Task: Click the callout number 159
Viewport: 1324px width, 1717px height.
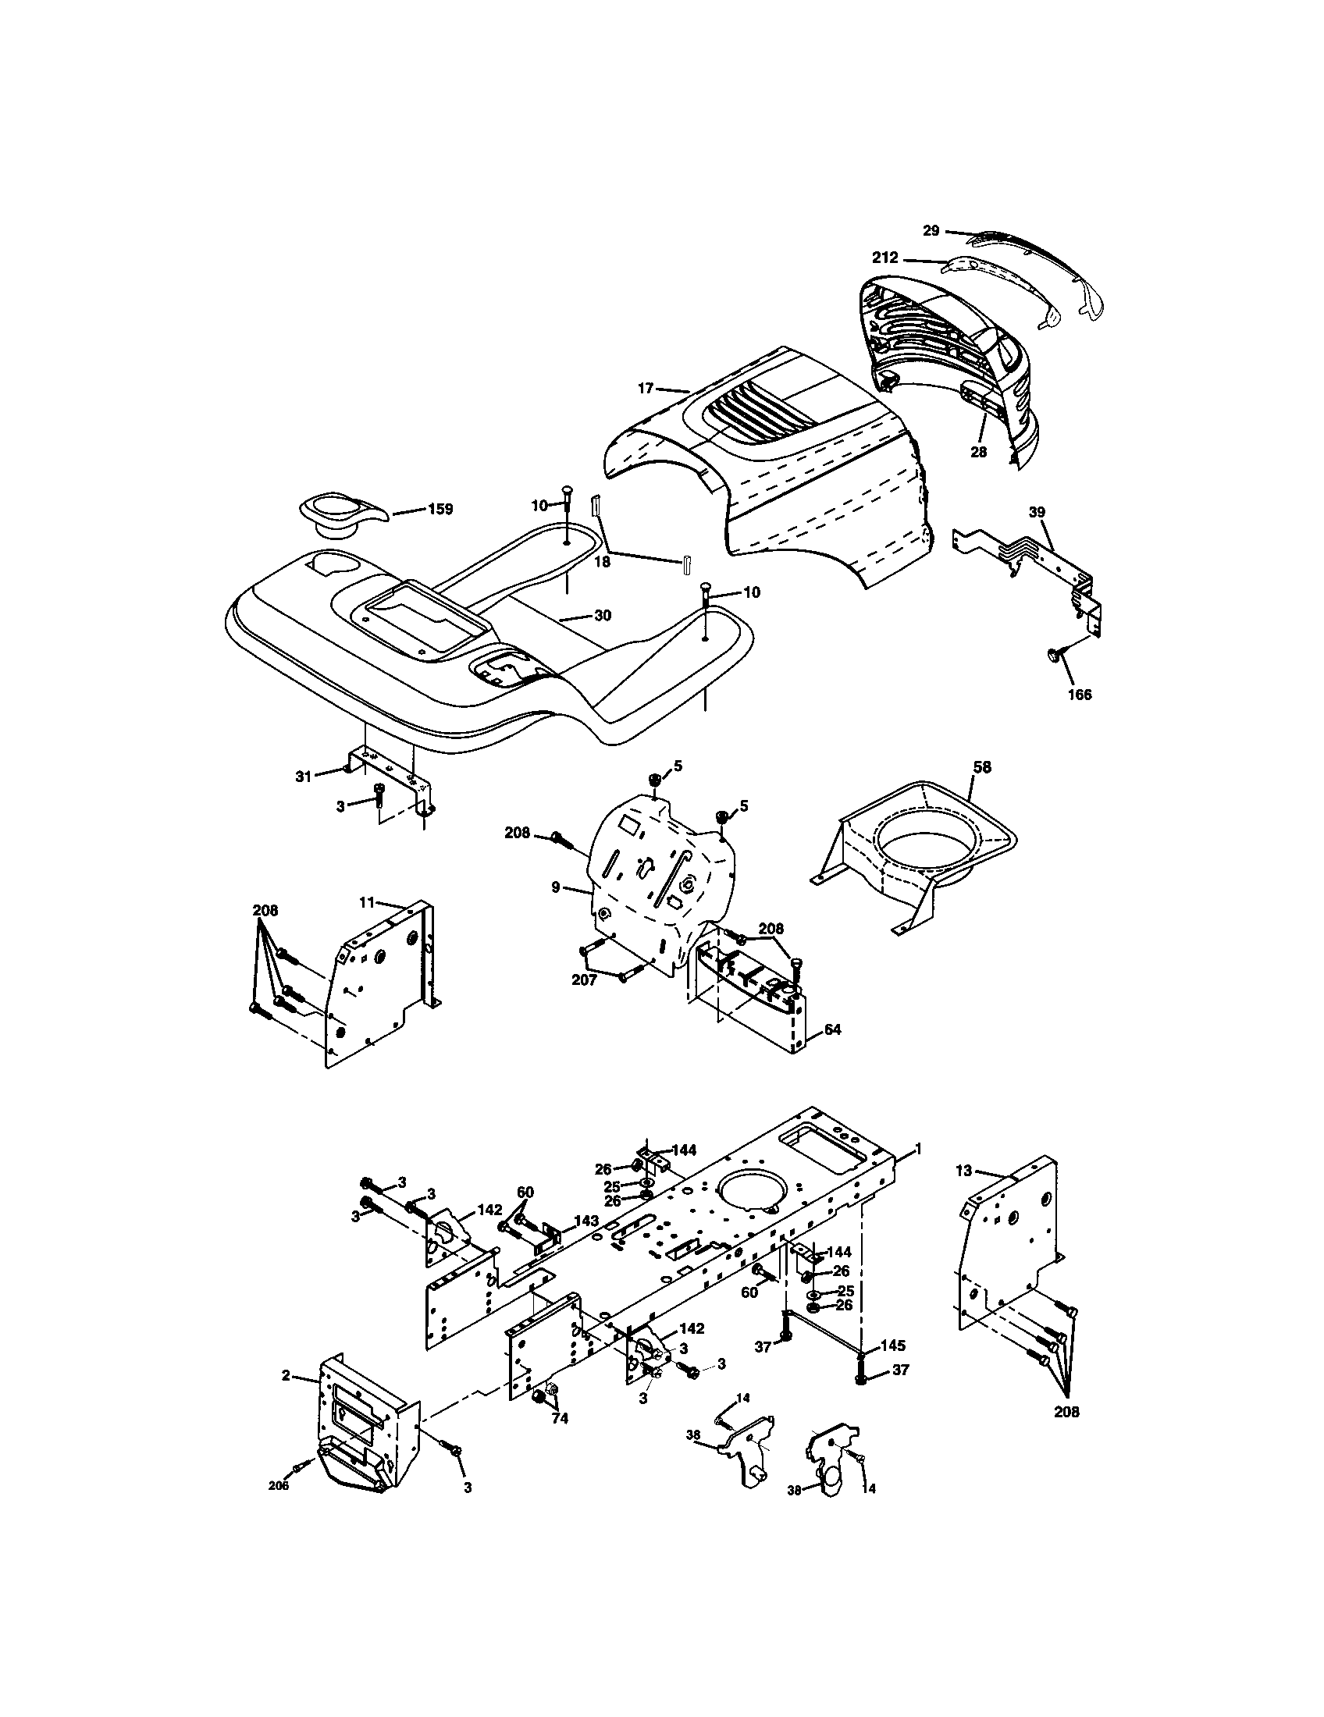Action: click(440, 509)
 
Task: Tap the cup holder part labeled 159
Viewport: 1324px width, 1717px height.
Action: click(343, 516)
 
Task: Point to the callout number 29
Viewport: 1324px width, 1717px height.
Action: click(931, 230)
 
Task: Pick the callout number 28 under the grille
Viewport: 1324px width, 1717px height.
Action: click(979, 452)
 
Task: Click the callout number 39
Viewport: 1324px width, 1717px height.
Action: click(1037, 512)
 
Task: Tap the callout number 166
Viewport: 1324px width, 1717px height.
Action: click(1080, 694)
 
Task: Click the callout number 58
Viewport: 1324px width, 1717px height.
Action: click(981, 766)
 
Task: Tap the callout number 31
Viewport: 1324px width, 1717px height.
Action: click(304, 776)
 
